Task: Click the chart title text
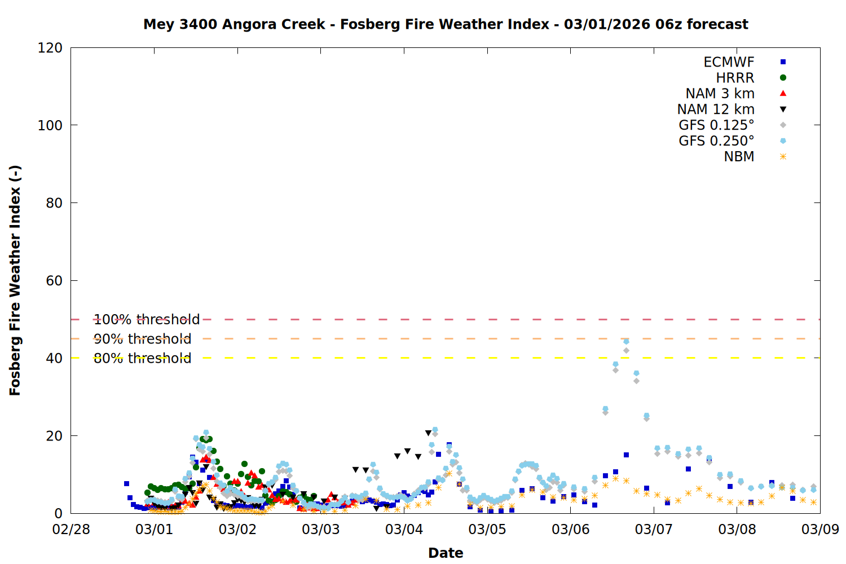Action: [x=446, y=24]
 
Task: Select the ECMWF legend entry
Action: [x=729, y=62]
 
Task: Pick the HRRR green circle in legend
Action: [x=783, y=78]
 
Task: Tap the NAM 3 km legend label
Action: [x=720, y=94]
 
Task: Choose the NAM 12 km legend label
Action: [x=716, y=109]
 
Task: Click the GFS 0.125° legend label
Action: [x=716, y=125]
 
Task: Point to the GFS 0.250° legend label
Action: [x=716, y=141]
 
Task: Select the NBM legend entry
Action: [x=739, y=157]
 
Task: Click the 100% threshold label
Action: [x=147, y=320]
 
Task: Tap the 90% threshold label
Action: [x=142, y=339]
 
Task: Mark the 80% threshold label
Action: [x=142, y=358]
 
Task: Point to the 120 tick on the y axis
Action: [x=50, y=48]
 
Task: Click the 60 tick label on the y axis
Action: [x=54, y=281]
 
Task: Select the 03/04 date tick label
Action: [x=404, y=530]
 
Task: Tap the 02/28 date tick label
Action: [x=71, y=530]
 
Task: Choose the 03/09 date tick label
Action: [x=820, y=530]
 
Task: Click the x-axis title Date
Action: [x=446, y=553]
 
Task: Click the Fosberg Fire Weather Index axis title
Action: [x=15, y=280]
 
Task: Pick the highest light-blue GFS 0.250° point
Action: [x=626, y=341]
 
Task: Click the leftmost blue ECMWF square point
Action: [x=126, y=483]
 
